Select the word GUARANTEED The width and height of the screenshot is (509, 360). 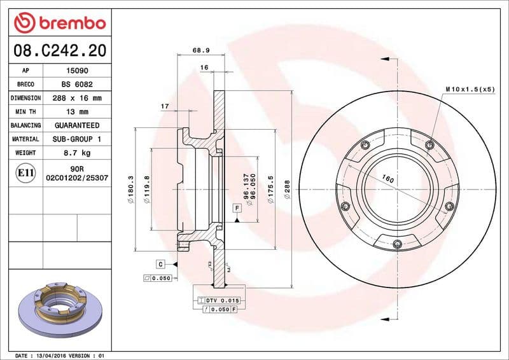pos(77,125)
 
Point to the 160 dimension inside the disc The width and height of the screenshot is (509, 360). pos(388,179)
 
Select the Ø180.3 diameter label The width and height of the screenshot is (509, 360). pos(130,189)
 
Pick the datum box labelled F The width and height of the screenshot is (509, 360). pos(236,208)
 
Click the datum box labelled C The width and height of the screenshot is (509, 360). pos(161,263)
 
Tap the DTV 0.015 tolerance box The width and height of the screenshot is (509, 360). pos(221,300)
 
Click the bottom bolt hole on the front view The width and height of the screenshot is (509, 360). pos(397,244)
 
